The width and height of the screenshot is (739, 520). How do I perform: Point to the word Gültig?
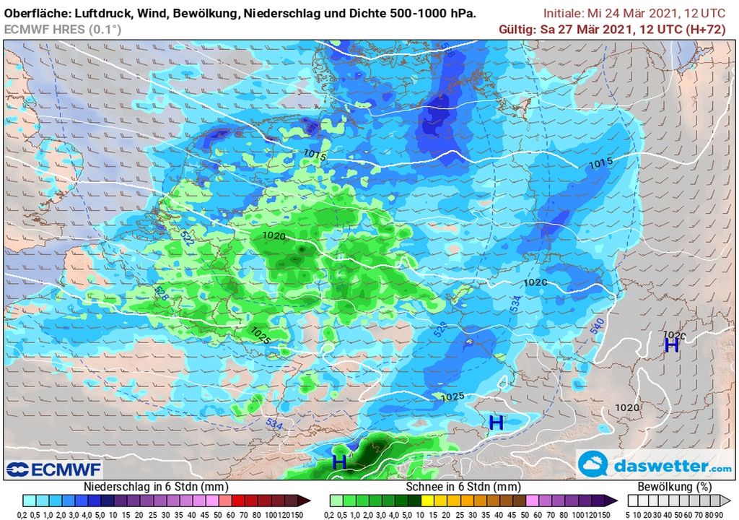517,29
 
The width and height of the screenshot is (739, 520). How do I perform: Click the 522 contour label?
166,238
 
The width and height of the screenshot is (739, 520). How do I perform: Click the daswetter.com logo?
656,466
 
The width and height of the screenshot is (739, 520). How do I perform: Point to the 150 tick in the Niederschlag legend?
299,513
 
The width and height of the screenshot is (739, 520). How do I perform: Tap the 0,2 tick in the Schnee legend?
330,513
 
